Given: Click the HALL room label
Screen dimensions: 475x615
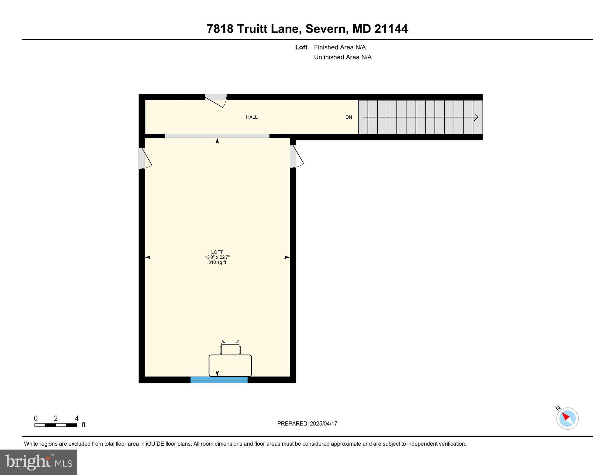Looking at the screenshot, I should point(251,117).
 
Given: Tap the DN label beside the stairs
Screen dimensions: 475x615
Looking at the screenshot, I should point(349,117).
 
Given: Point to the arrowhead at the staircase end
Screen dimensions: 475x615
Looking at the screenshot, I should point(476,117).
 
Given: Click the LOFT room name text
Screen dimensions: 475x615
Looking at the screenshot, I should point(217,252).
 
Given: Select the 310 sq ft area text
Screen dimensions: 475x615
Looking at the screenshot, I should point(217,262).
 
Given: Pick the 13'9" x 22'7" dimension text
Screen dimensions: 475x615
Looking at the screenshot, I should point(217,257).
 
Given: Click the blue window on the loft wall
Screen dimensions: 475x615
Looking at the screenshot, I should point(219,379).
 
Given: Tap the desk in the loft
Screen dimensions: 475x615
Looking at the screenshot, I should point(230,366).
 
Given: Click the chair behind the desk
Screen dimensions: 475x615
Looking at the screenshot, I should point(230,348).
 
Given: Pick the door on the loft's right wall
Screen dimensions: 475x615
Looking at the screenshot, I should point(296,157).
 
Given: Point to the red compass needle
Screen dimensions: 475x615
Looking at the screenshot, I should point(566,416).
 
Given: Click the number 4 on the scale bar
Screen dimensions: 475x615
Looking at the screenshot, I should point(77,418).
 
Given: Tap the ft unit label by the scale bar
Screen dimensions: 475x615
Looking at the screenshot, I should point(84,425).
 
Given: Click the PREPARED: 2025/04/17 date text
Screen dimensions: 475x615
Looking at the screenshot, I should point(307,423).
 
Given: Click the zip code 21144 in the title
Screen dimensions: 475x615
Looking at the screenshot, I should point(391,29).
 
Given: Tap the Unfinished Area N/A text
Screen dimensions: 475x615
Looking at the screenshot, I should point(343,57).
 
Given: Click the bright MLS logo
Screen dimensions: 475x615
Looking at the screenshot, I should point(39,462).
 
